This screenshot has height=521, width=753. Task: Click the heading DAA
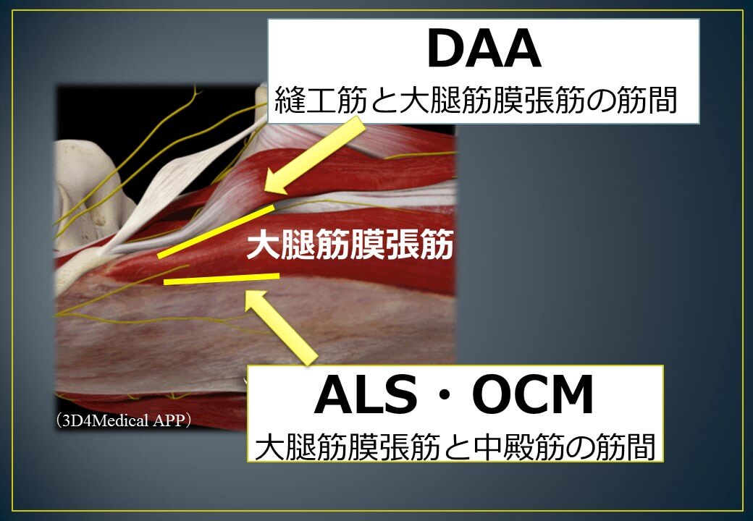click(483, 50)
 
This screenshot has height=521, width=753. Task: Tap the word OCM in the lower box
click(533, 397)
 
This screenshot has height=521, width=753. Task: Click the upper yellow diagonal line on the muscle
click(216, 231)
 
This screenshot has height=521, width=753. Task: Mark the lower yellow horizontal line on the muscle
click(221, 279)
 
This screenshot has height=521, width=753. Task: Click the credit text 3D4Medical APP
click(124, 420)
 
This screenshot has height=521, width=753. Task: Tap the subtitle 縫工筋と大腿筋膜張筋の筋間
click(476, 101)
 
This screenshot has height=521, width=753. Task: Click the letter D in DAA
click(445, 50)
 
